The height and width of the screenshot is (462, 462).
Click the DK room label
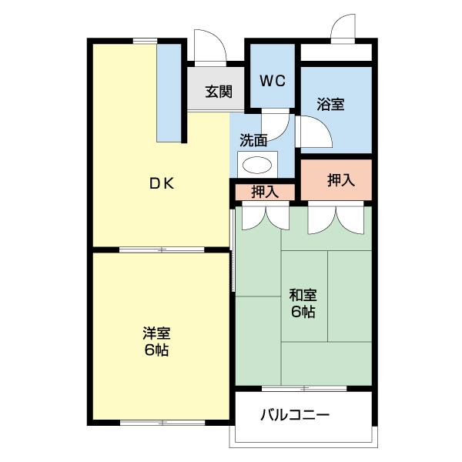[162, 183]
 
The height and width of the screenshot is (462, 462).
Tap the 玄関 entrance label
[219, 91]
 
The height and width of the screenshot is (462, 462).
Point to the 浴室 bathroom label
[330, 105]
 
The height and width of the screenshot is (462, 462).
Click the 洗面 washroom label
[253, 140]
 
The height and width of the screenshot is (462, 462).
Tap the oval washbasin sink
[257, 164]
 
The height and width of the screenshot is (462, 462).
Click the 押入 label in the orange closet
[340, 180]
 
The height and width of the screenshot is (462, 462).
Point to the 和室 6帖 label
[303, 303]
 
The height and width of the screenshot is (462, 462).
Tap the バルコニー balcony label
[294, 416]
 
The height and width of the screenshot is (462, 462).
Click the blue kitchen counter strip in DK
[168, 92]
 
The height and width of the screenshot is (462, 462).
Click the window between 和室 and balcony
[303, 387]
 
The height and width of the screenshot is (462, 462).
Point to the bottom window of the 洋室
[162, 422]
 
